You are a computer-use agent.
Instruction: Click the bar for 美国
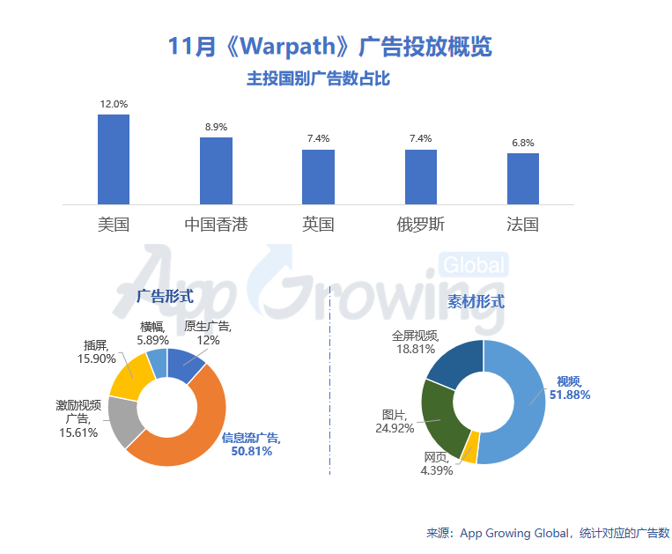coord(114,159)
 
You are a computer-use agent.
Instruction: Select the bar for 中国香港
coord(216,171)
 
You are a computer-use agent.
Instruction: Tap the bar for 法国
coord(523,179)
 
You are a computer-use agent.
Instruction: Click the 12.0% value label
coord(114,104)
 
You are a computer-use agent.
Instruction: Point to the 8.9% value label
coord(216,127)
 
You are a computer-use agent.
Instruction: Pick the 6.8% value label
coord(523,143)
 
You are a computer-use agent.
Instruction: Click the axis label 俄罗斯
coord(421,224)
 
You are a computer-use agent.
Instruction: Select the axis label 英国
coord(318,224)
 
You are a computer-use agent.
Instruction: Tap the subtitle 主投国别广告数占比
coord(318,79)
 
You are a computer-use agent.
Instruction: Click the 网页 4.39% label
coord(437,464)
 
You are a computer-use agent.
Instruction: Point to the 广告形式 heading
coord(165,296)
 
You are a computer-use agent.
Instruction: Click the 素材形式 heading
coord(476,301)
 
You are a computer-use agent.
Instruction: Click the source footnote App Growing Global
coord(548,533)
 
